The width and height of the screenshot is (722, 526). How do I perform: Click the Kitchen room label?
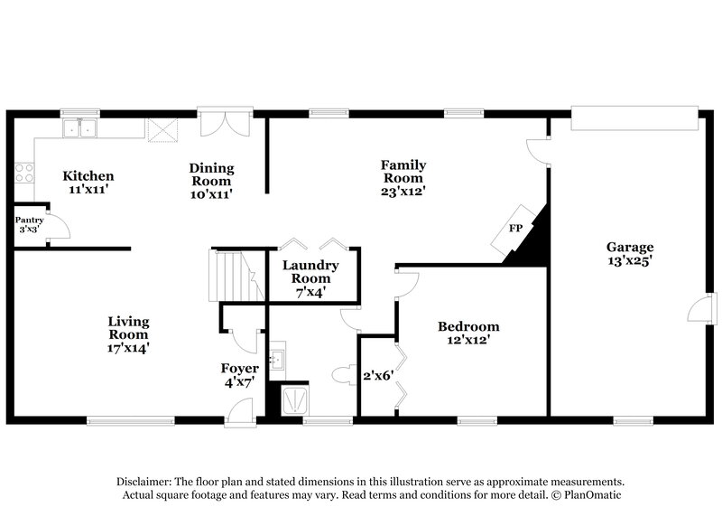tap(87, 175)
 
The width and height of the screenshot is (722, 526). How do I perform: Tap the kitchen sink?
tap(81, 128)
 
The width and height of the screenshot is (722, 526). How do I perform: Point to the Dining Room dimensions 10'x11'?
tap(212, 193)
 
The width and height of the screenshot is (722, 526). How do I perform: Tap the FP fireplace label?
tap(515, 228)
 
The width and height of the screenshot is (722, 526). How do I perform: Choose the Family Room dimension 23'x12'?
tap(403, 191)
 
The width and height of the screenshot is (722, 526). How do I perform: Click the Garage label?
tap(629, 246)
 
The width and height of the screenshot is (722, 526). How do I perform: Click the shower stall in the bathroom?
tap(295, 399)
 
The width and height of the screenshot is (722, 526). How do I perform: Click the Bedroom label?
tap(468, 326)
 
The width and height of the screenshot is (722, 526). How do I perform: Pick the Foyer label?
tap(240, 368)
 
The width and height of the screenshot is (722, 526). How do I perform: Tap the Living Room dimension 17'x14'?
tap(128, 347)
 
